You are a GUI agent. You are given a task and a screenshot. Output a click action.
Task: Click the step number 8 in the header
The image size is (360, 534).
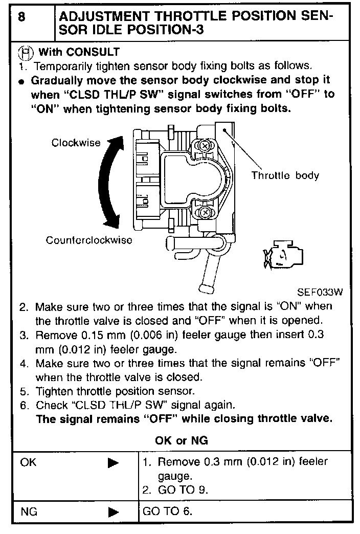tap(22, 17)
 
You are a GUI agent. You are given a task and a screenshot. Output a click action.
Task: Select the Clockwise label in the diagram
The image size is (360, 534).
tap(76, 143)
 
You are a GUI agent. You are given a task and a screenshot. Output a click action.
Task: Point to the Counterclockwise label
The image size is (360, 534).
tap(89, 240)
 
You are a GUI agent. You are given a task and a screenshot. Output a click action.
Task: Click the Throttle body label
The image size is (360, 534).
tap(285, 176)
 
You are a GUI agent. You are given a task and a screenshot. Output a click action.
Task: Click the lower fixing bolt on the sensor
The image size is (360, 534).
tap(205, 211)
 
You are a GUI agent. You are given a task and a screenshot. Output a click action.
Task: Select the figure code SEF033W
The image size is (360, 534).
tap(320, 293)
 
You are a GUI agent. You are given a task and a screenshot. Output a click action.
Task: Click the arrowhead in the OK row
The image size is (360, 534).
tap(114, 463)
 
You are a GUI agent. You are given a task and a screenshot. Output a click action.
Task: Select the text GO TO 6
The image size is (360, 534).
tap(168, 511)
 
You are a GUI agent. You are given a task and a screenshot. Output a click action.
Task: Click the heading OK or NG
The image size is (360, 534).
tap(182, 440)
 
